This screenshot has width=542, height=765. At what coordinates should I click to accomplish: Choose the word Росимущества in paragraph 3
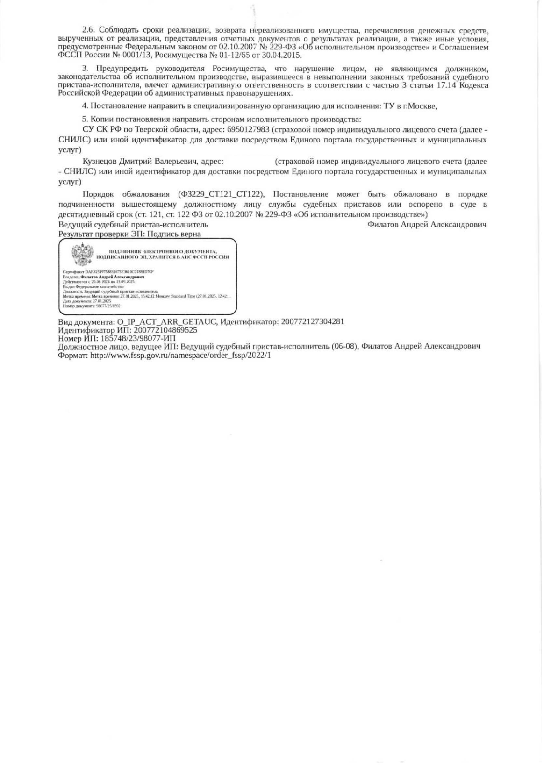point(239,69)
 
